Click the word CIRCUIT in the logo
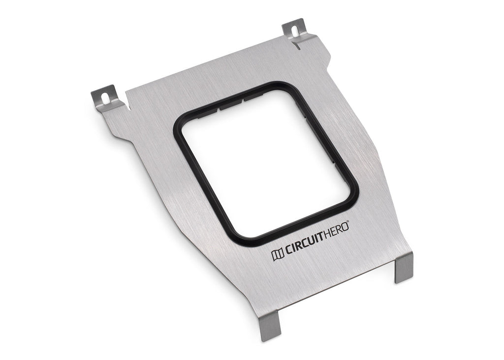coord(304,248)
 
